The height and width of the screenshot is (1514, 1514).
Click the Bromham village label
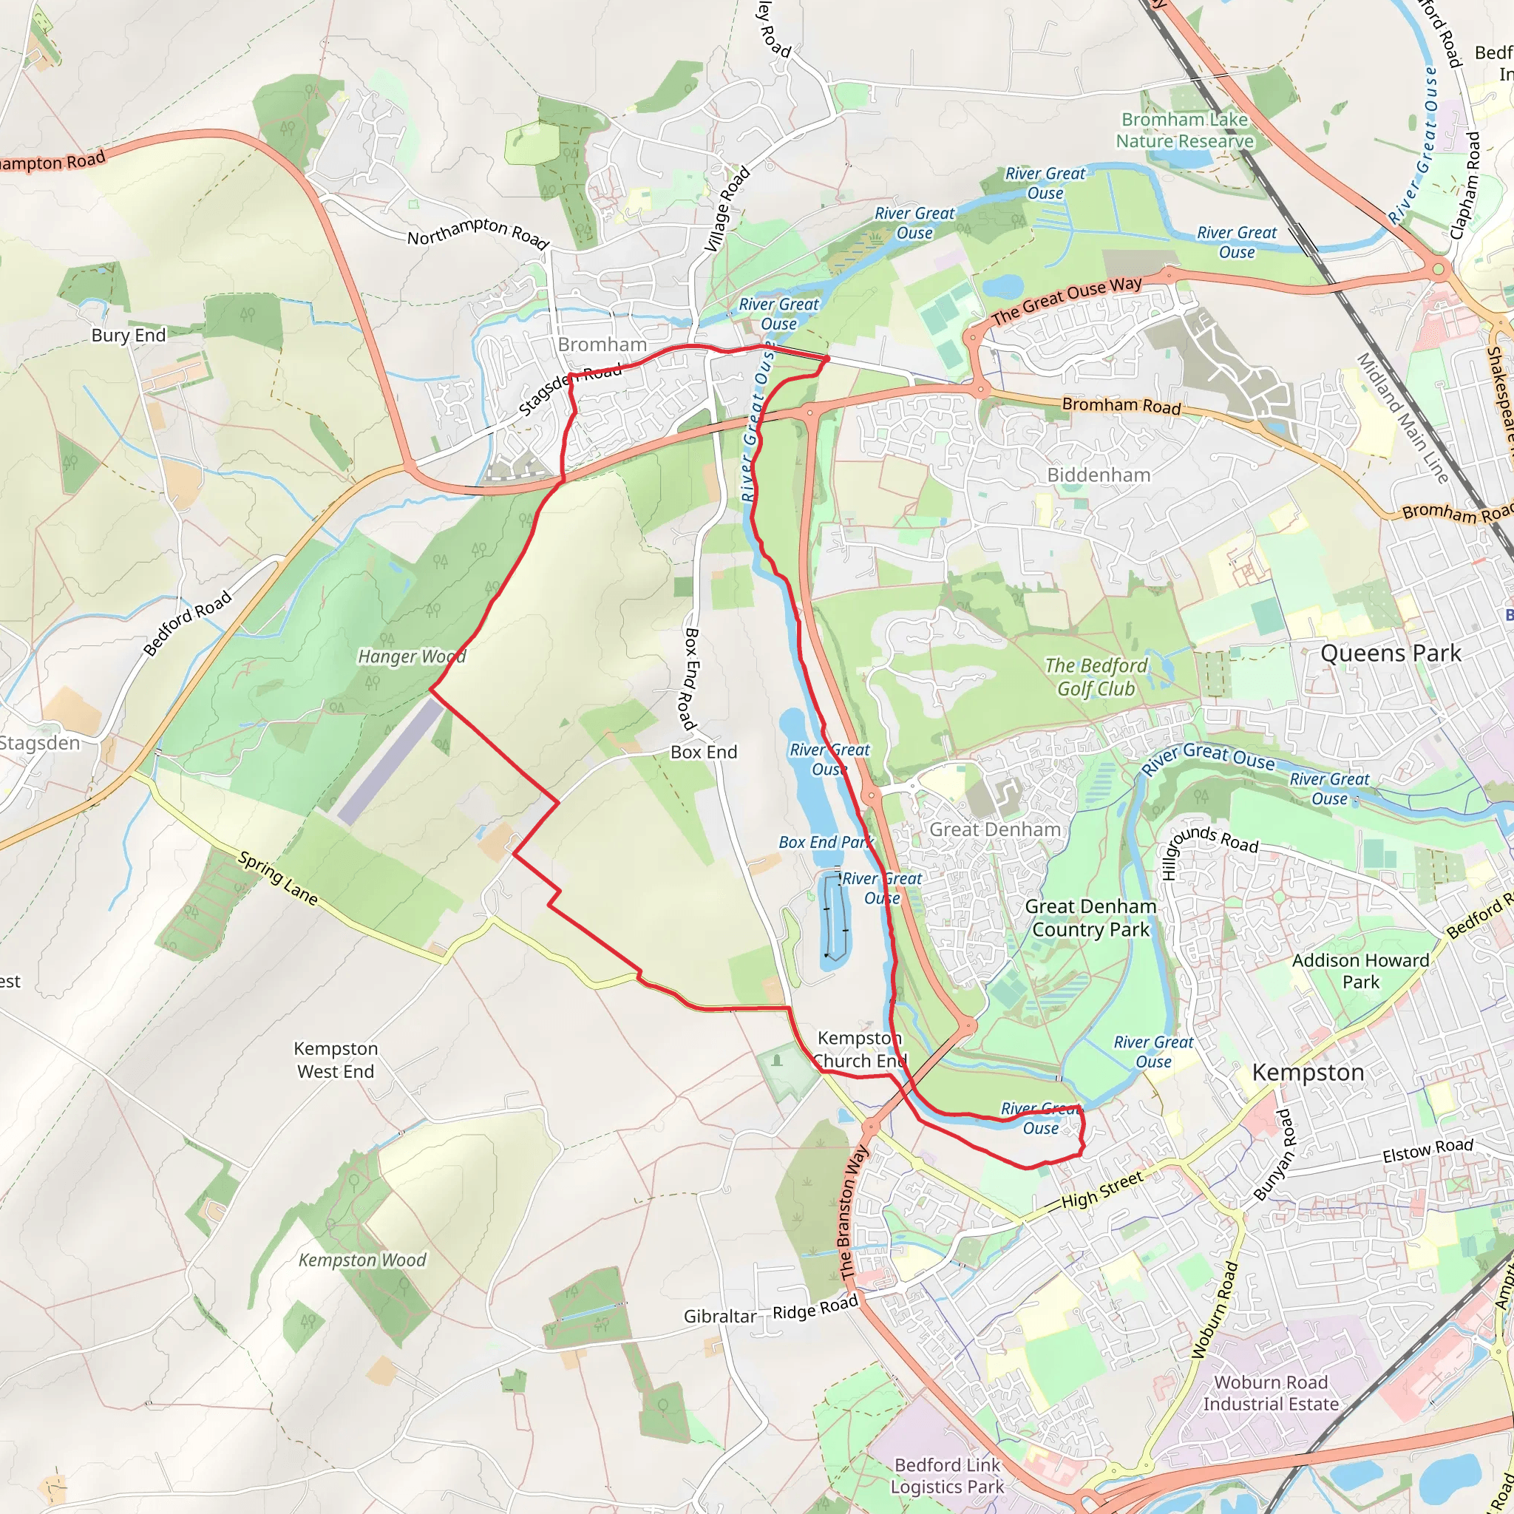602,344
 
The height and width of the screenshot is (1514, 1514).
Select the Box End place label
704,753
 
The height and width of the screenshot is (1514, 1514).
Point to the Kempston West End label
336,1059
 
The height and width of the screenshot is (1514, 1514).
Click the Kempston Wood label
362,1260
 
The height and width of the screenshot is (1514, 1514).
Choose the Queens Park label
1391,654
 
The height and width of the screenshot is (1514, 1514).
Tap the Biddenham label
1099,475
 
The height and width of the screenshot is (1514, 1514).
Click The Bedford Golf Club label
1096,677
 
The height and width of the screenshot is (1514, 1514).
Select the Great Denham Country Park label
1090,917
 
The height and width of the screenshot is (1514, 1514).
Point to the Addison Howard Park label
1360,971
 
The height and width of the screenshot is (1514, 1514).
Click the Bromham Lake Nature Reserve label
1184,130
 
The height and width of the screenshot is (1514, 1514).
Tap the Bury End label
129,336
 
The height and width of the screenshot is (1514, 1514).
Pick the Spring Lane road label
278,878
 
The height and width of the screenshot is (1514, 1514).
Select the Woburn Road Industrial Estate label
1270,1393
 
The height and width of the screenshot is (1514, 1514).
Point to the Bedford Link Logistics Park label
947,1476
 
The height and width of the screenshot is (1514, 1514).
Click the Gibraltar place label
719,1317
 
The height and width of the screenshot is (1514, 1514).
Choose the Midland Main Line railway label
1402,418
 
